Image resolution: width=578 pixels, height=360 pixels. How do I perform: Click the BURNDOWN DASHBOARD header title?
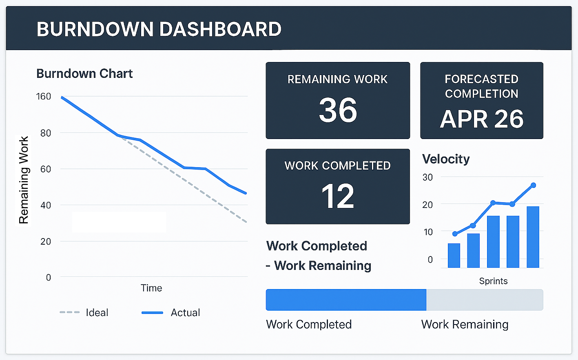(x=159, y=29)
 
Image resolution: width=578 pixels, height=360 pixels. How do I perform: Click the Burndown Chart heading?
(x=84, y=73)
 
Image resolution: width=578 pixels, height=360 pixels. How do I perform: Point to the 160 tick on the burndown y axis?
(x=44, y=97)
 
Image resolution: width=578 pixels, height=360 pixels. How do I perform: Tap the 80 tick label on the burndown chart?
(x=46, y=133)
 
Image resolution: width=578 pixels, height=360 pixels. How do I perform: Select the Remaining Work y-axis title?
(x=24, y=180)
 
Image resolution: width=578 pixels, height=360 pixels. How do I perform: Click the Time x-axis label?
(x=151, y=288)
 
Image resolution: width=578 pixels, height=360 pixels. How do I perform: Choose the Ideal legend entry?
(x=97, y=313)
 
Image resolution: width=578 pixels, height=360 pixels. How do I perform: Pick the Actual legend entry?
(x=185, y=313)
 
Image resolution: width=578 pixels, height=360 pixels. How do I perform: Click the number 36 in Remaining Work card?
(x=338, y=110)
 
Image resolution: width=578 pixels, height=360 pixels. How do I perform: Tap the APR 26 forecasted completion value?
(x=482, y=119)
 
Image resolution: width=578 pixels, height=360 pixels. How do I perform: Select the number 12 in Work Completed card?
(x=338, y=197)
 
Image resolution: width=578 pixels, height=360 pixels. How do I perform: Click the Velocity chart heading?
(x=446, y=159)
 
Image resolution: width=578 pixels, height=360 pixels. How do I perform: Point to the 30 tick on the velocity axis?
(x=427, y=177)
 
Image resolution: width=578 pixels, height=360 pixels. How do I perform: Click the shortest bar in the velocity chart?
(x=454, y=255)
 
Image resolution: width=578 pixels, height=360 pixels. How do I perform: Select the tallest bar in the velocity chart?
(x=533, y=237)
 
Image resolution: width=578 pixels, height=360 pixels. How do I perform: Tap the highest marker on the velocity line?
(x=533, y=186)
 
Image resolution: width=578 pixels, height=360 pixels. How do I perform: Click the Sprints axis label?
(x=493, y=281)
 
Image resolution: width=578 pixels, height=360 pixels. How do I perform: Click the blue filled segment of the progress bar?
(x=346, y=300)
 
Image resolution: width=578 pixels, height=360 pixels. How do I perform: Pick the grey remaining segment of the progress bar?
(x=485, y=300)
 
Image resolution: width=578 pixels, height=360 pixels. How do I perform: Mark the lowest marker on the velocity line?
(x=455, y=234)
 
